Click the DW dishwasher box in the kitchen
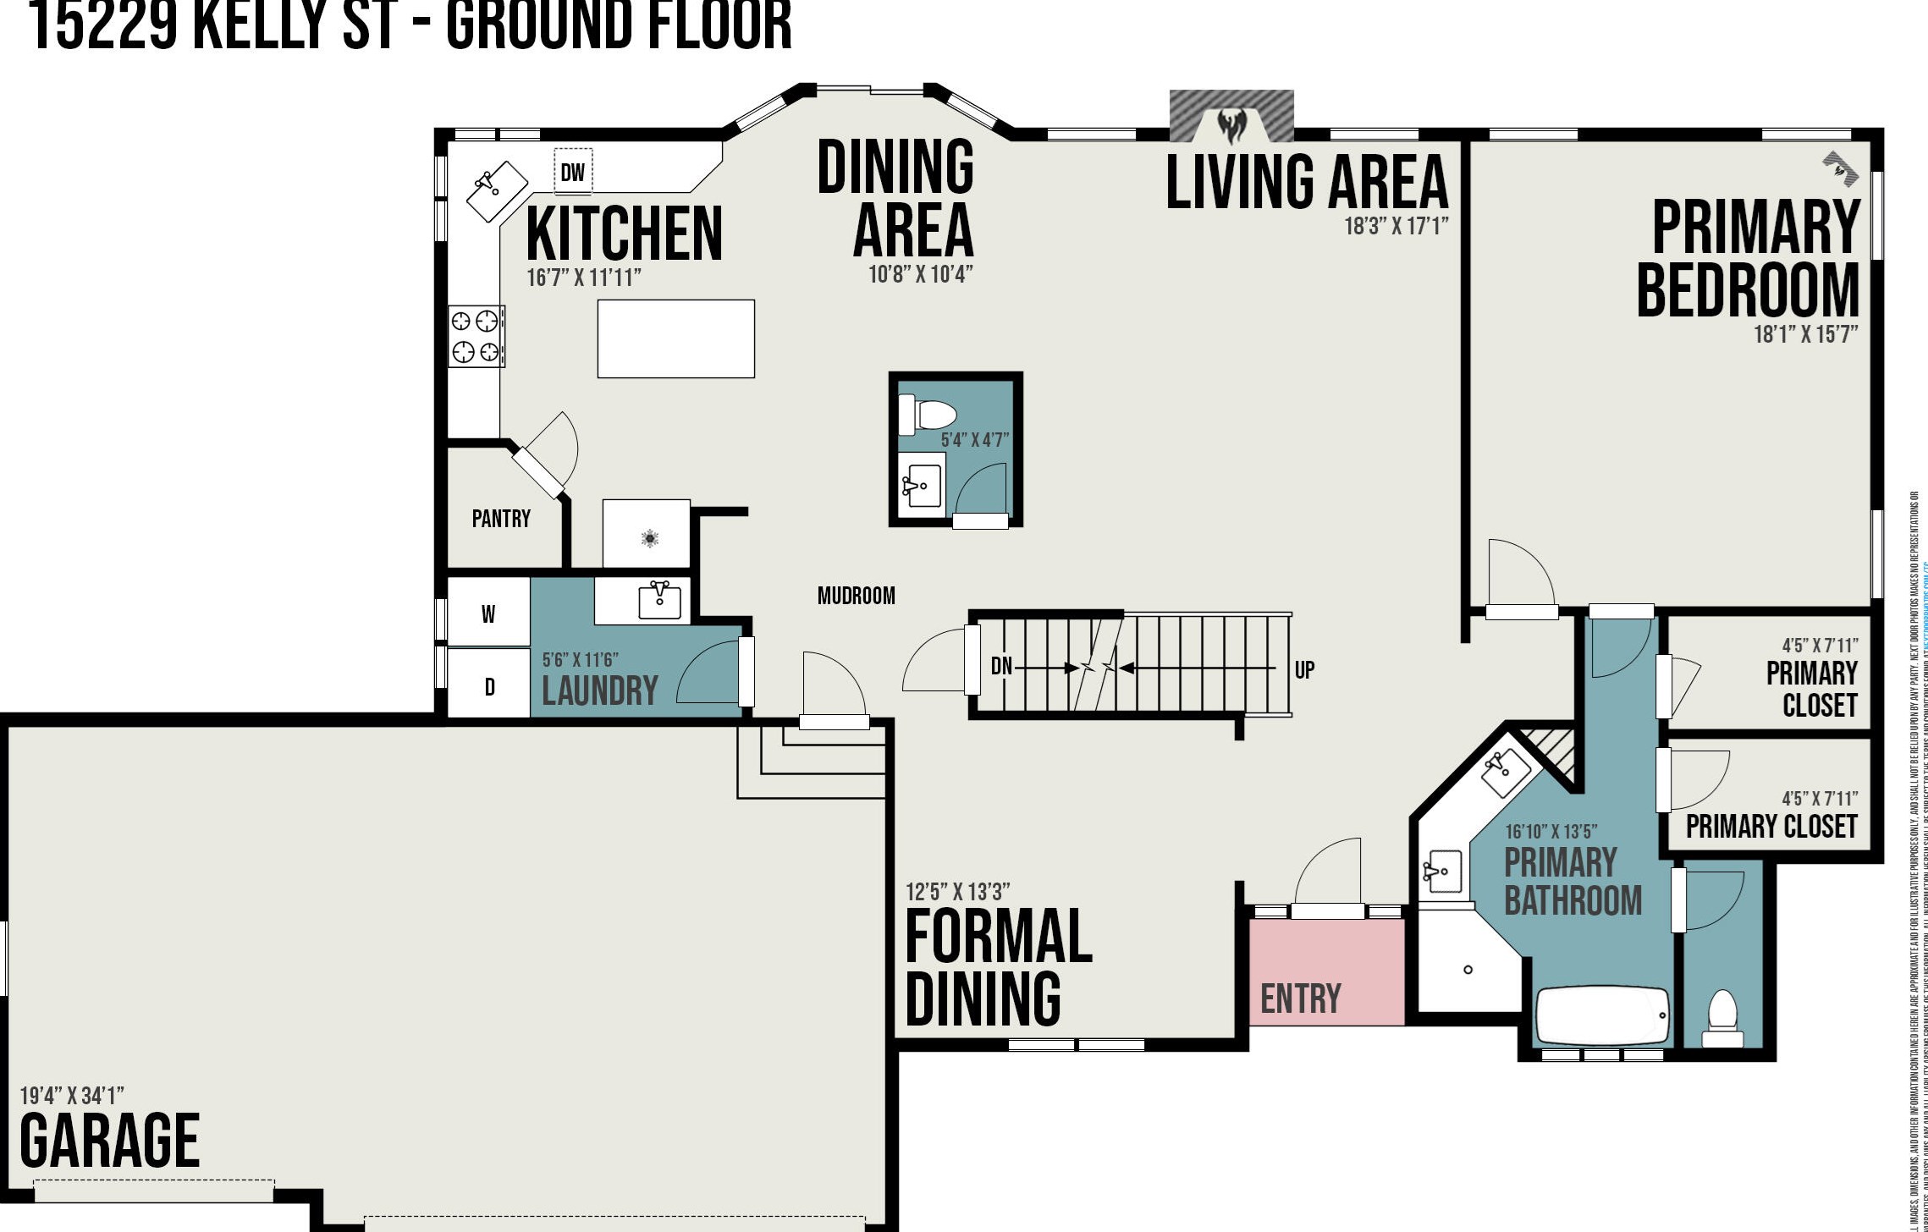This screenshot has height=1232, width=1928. [x=573, y=172]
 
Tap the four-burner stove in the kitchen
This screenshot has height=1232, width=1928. [x=476, y=336]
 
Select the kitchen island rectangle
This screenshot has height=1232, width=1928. [x=675, y=338]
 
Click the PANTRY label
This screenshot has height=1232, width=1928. [x=501, y=519]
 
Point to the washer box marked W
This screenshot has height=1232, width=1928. [x=488, y=613]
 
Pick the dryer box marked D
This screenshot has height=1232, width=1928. [x=489, y=686]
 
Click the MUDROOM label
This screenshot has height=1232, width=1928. [x=856, y=596]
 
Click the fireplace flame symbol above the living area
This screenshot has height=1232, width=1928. [x=1231, y=126]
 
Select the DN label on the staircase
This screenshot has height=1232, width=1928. [x=1001, y=666]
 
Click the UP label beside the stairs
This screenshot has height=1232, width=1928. [x=1304, y=670]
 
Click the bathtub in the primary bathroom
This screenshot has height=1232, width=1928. [x=1602, y=1016]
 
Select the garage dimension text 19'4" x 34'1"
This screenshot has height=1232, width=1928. [x=72, y=1096]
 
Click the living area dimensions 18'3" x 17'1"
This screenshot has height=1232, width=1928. [x=1396, y=226]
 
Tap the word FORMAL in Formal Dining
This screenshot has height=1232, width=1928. [x=999, y=936]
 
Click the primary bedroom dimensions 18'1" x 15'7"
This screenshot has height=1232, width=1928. [x=1805, y=334]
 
